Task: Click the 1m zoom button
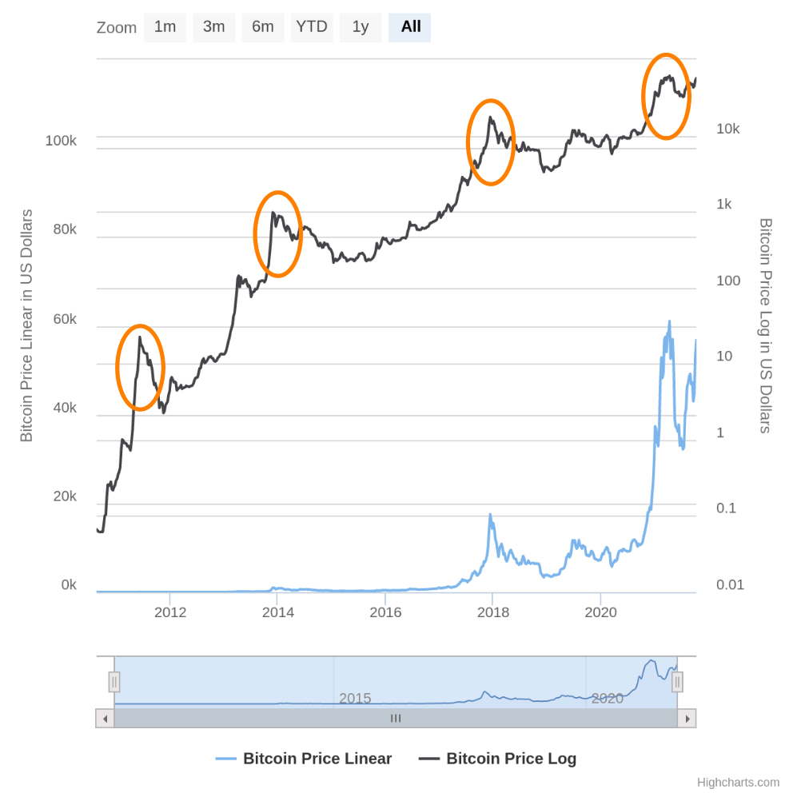coord(165,27)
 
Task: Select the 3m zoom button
coord(213,27)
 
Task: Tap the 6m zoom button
coord(263,27)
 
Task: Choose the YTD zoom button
coord(312,27)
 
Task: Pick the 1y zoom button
coord(361,27)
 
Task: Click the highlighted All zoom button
coord(410,27)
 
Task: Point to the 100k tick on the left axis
coord(61,141)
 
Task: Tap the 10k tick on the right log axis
coord(728,129)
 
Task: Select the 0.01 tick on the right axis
coord(730,585)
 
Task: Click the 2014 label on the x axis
coord(278,612)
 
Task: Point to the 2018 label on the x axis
coord(493,612)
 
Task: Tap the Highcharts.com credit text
coord(738,783)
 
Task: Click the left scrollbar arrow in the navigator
coord(105,719)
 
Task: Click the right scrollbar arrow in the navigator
coord(687,719)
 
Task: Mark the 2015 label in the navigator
coord(355,698)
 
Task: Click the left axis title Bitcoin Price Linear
coord(26,325)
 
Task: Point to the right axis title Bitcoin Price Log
coord(765,325)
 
